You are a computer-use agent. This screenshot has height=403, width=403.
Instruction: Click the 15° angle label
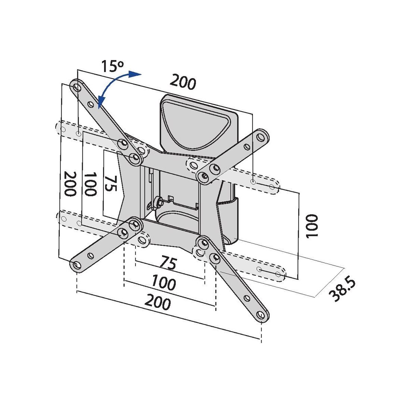point(112,67)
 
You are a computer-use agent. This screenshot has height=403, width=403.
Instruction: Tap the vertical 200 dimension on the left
point(70,184)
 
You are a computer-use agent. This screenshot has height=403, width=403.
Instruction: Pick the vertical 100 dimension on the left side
point(90,184)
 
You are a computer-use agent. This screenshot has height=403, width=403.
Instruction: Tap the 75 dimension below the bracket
point(168,263)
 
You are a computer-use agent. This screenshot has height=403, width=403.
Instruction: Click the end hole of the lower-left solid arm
point(76,265)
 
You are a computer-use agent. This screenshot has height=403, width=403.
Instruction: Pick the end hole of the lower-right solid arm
point(261,316)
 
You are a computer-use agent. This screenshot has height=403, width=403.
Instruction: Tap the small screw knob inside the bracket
point(157,201)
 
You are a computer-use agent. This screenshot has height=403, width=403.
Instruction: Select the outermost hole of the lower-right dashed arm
point(278,274)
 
